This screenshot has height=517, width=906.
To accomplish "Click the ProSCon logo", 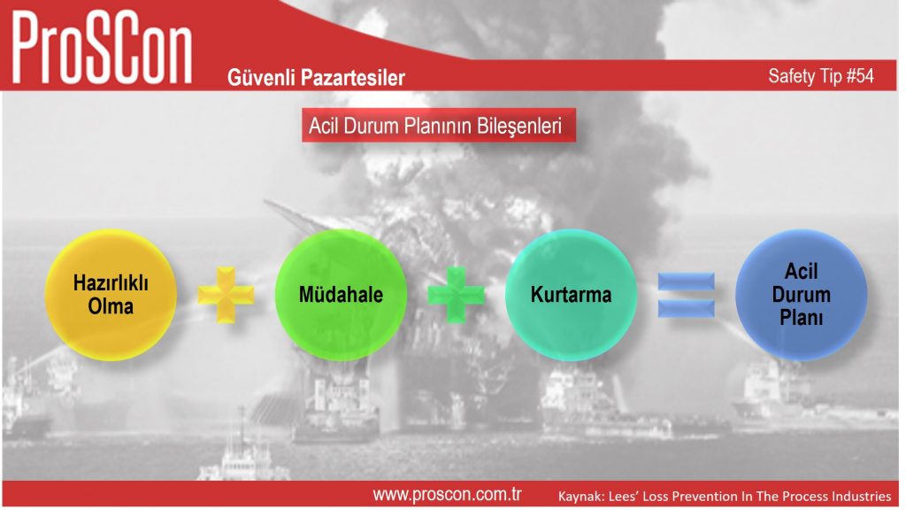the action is [x=102, y=49].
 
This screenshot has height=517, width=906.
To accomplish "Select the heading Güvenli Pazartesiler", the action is [x=316, y=78].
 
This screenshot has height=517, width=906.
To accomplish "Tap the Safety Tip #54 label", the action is [x=820, y=76].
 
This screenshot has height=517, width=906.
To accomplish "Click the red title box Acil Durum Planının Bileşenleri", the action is [x=439, y=125].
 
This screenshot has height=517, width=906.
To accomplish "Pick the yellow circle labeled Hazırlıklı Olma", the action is [x=111, y=295].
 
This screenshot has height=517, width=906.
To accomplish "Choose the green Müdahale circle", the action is [x=341, y=295].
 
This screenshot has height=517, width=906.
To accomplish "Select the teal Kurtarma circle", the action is [x=571, y=295].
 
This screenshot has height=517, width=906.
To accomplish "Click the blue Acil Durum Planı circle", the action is [x=801, y=295].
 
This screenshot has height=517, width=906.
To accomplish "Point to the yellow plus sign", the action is [x=226, y=295].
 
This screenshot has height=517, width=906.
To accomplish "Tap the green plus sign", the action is [x=456, y=295].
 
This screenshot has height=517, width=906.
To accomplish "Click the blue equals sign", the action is [x=687, y=295].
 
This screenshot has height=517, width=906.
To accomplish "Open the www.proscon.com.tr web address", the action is [x=447, y=495].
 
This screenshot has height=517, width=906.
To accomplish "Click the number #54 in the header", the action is [x=860, y=76].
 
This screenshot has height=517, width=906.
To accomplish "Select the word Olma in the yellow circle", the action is [x=111, y=306].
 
